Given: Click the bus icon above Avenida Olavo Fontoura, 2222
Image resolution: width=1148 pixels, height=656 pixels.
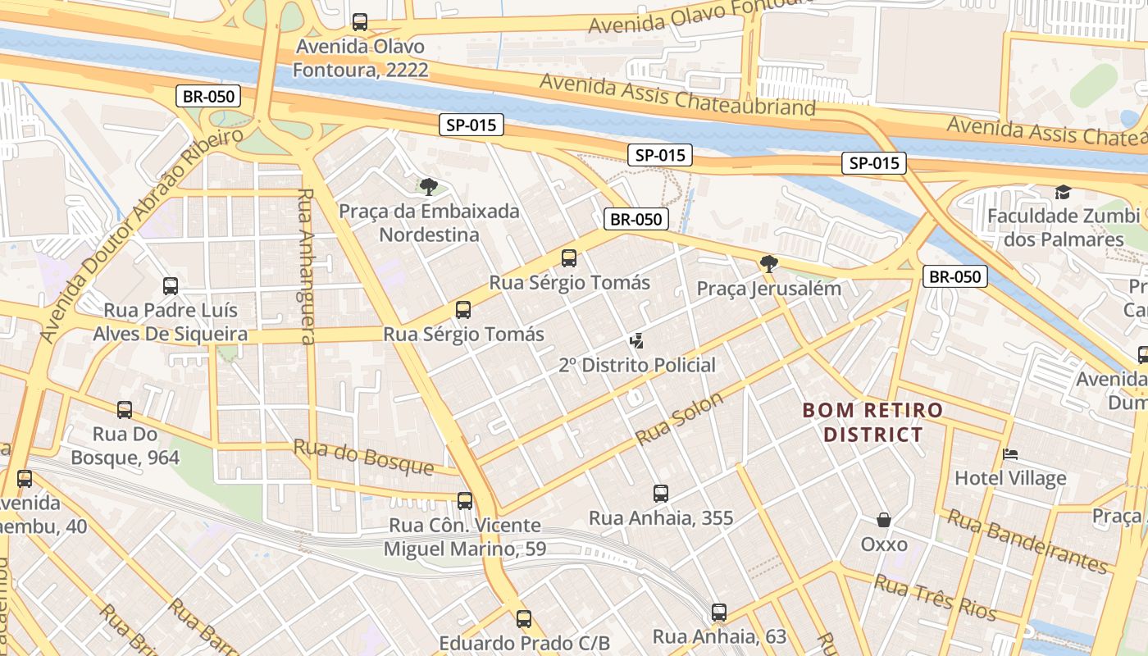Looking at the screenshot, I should coord(359,22).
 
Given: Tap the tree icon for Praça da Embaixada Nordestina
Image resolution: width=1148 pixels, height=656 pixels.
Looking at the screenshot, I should coord(428,187).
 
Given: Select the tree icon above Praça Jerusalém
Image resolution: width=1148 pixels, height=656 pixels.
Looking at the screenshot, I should coord(768,264).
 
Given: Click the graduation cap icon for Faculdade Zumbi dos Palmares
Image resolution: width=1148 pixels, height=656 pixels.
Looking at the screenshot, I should coord(1063,192).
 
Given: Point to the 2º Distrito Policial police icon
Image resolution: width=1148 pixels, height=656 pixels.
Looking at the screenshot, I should coord(636,340).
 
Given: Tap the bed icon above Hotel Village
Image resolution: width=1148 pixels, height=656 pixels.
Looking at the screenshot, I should coord(1010,454).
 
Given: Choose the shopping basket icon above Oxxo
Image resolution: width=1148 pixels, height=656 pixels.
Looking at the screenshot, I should coord(884,520).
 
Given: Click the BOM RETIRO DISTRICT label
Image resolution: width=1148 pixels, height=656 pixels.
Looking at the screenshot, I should coord(872,421).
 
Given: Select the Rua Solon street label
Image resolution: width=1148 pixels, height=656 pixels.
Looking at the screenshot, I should coord(680,418).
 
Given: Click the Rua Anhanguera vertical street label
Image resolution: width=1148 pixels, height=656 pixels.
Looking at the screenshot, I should coord(306,266).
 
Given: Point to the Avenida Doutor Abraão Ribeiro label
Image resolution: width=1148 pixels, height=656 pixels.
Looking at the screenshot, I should coord(141,235).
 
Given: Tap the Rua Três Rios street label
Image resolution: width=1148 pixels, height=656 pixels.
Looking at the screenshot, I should coord(935,598).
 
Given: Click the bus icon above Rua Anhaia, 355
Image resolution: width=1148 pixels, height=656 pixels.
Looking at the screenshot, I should coord(661,494).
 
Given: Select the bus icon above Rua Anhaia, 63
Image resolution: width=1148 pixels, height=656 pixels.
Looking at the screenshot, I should coord(719,613).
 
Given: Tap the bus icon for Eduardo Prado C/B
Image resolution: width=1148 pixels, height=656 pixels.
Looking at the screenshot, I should coord(524,619).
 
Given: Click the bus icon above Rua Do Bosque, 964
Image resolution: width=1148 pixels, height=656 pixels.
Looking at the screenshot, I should coord(125,410).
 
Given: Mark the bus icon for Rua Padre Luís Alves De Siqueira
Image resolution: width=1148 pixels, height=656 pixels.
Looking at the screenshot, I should coord(171,286).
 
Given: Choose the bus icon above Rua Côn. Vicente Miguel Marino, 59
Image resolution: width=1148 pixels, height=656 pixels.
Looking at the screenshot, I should coord(465,501).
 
